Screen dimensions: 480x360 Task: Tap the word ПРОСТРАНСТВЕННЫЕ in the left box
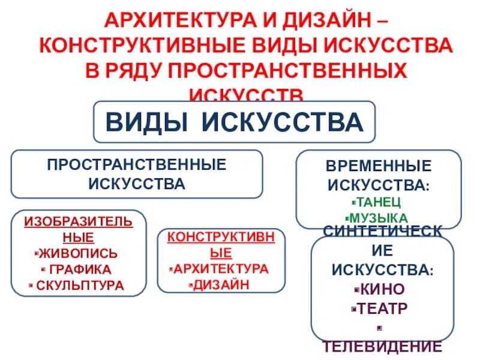point(137,164)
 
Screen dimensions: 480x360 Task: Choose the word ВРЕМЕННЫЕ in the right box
point(378,166)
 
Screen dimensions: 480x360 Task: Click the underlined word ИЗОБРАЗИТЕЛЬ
point(78,221)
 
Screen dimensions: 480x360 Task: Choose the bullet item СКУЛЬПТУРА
point(80,285)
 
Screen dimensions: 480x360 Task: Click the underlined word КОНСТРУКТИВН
point(221,236)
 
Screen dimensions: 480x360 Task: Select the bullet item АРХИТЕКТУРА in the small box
point(221,268)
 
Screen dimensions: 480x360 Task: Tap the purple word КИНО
point(382,289)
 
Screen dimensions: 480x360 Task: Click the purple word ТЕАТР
point(382,308)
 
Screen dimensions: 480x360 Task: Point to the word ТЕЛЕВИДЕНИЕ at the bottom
point(382,346)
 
